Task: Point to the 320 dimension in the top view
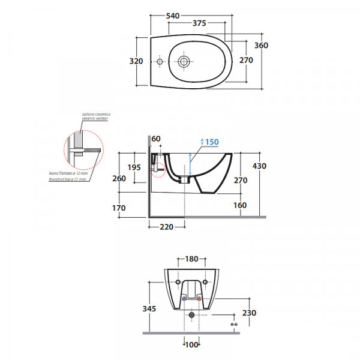tap(136, 61)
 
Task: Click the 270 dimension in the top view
tap(246, 60)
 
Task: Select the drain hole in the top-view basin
tap(184, 61)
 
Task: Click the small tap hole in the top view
tap(160, 61)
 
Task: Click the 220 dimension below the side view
tap(167, 227)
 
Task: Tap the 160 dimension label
tap(240, 205)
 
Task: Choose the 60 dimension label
tap(157, 139)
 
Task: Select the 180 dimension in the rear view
tap(191, 259)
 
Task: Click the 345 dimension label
tap(149, 308)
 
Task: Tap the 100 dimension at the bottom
tap(191, 344)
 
